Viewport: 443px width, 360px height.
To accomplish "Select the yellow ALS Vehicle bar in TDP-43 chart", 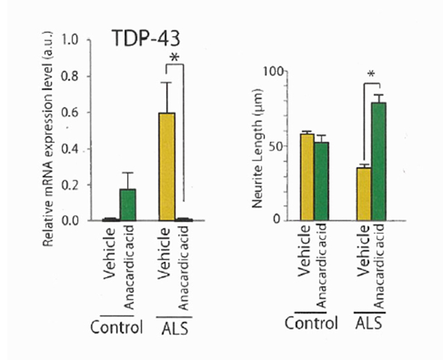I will pyautogui.click(x=167, y=166).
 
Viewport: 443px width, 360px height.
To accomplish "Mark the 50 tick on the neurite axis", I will pyautogui.click(x=277, y=147).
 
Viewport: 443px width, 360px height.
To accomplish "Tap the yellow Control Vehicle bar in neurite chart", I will pyautogui.click(x=306, y=177).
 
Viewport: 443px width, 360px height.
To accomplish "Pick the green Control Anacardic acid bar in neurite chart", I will pyautogui.click(x=321, y=181).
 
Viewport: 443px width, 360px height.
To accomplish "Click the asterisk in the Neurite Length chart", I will pyautogui.click(x=371, y=75).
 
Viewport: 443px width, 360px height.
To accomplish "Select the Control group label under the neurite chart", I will pyautogui.click(x=312, y=323).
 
